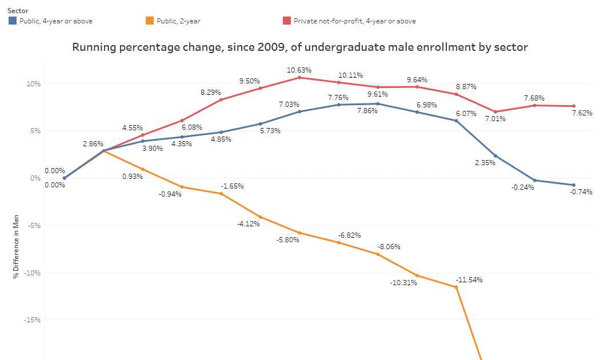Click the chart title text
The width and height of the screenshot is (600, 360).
pos(299,47)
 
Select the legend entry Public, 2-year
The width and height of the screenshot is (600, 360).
pos(180,21)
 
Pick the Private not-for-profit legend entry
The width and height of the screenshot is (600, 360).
pos(354,21)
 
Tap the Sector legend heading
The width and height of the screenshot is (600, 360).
pos(18,10)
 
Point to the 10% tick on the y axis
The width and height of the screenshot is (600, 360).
pos(33,84)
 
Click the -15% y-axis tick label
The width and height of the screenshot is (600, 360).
pos(32,320)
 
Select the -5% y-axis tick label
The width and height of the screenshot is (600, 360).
pos(33,225)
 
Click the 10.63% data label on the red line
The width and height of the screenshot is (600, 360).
pos(299,70)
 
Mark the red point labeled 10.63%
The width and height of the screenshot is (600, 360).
pos(299,77)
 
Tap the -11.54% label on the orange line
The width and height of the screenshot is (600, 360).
pos(469,280)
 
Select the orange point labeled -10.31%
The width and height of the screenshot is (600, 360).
pos(417,275)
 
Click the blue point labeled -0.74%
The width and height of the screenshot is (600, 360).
pos(574,185)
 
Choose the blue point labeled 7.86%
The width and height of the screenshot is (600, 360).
pos(378,104)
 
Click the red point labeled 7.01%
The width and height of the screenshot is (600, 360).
pos(495,112)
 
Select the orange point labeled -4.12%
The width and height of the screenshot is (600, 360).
pos(261,217)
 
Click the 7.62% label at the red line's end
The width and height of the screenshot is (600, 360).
pos(581,113)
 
